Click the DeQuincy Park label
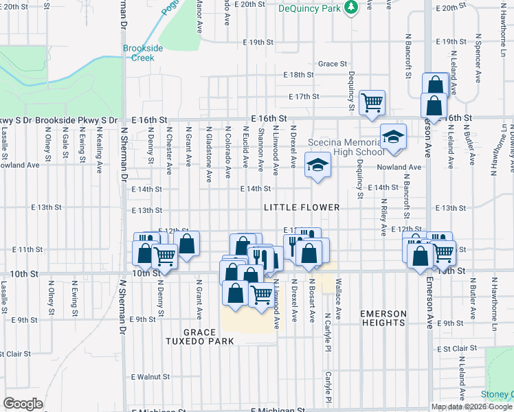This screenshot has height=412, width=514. point(311,9)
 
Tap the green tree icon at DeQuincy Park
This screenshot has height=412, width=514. point(351,7)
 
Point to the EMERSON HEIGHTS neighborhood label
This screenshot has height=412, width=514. point(383,318)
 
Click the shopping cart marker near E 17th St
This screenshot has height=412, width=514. point(372,103)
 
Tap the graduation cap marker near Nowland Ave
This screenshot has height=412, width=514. point(317,165)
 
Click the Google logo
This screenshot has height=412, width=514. point(23,404)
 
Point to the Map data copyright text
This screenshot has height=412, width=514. point(471,407)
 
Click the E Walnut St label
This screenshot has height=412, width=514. point(150,377)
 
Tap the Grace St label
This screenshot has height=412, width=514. point(332,64)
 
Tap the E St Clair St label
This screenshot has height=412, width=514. point(456,349)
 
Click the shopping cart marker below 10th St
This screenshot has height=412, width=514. point(260,295)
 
